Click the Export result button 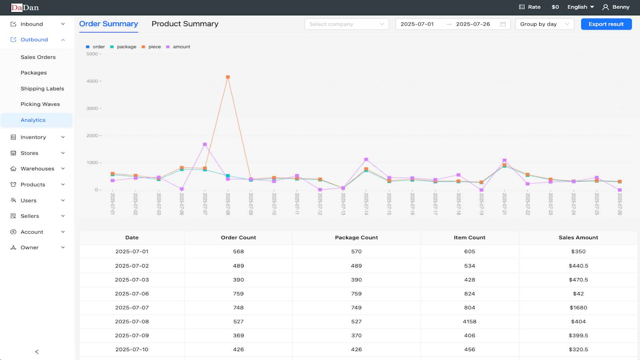coord(606,24)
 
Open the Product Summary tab coord(185,24)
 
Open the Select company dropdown coord(346,24)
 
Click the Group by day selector coord(544,24)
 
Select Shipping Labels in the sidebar coord(42,88)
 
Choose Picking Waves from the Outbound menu coord(40,104)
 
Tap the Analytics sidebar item coord(33,120)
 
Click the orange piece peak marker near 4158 coord(228,77)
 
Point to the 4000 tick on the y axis coord(92,81)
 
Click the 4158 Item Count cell coord(470,322)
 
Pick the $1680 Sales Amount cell coord(578,308)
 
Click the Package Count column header coord(356,238)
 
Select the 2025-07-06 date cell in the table coord(132,294)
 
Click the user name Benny coord(620,7)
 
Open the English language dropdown coord(580,7)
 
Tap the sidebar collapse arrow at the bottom coord(37,352)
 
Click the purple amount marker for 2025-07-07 coord(205,144)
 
